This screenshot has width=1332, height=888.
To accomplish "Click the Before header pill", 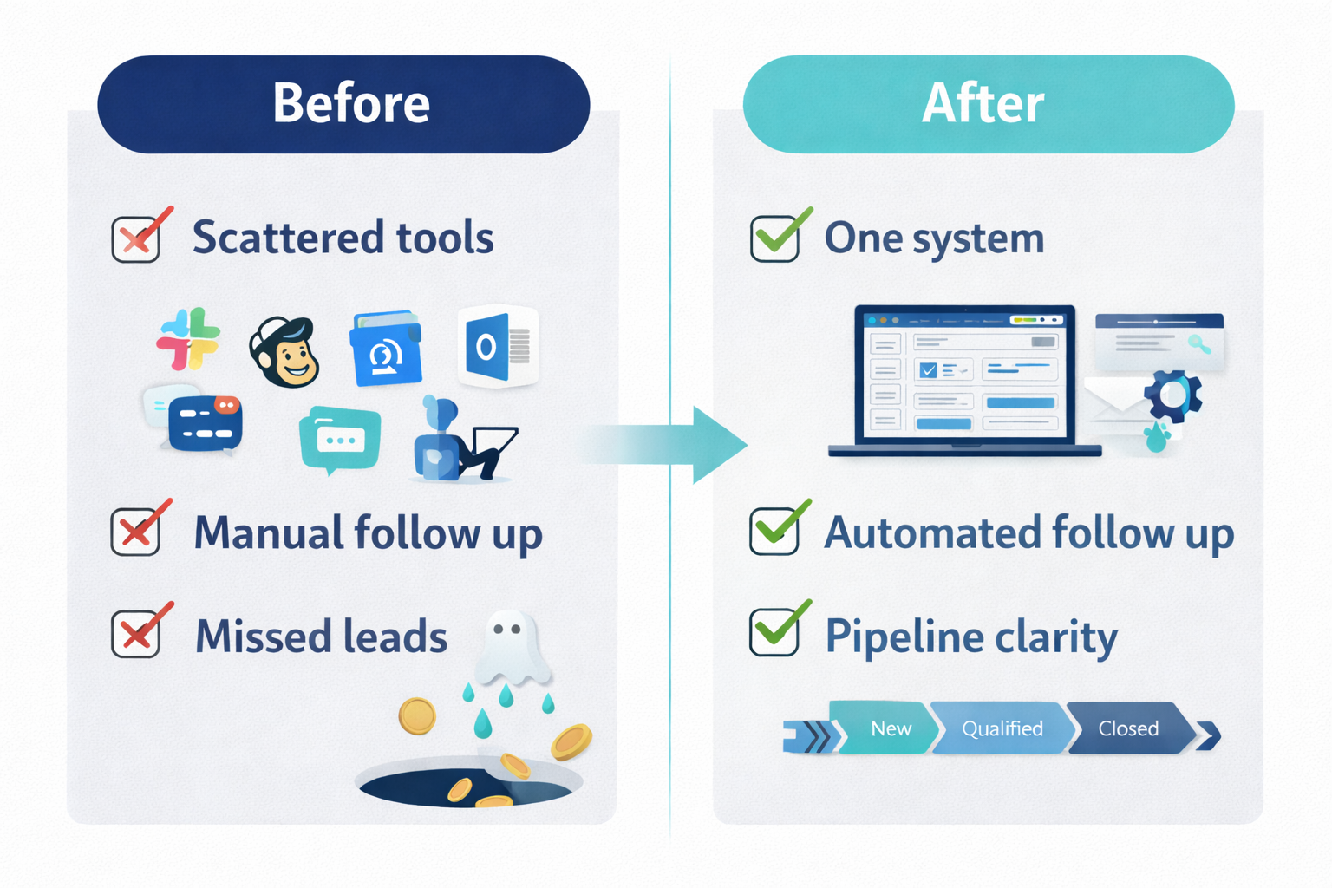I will click(x=344, y=104).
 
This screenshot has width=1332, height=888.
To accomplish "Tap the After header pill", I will click(x=989, y=104).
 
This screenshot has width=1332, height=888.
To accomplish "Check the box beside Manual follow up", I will click(x=136, y=532).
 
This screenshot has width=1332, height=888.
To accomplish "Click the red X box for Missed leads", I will click(x=136, y=634).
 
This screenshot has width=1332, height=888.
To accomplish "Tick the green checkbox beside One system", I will click(x=774, y=238).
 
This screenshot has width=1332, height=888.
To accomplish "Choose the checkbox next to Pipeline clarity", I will click(x=774, y=632).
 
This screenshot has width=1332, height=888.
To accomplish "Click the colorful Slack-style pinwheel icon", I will click(x=188, y=339).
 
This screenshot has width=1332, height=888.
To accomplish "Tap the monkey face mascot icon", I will click(x=284, y=352).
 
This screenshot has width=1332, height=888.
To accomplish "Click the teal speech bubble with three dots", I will click(x=339, y=439).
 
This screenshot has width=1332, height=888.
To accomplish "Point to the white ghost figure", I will click(x=512, y=647).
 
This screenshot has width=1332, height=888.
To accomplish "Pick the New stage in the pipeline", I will click(x=888, y=728).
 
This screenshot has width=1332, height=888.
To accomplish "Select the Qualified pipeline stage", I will click(x=1002, y=728).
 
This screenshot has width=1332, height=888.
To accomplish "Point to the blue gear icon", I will click(x=1172, y=395).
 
